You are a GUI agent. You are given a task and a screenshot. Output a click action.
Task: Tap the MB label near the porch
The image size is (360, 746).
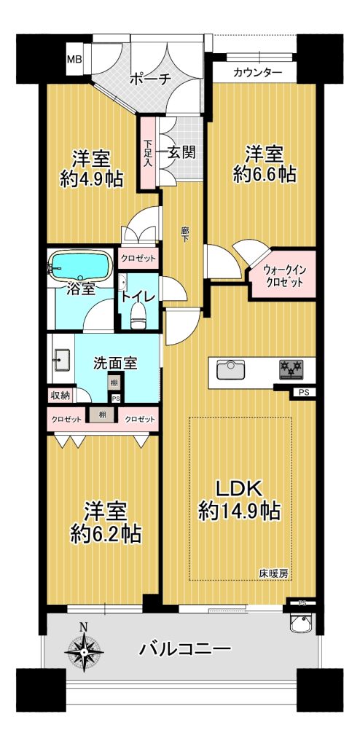point(74,60)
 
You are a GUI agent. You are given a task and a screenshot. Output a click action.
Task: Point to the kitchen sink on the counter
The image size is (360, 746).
point(231,369)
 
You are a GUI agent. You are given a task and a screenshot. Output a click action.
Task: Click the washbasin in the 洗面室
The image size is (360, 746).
point(61,359)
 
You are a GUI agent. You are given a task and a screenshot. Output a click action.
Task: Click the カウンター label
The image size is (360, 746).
point(258,73)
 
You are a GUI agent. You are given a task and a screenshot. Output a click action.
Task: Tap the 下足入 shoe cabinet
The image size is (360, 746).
point(148,153)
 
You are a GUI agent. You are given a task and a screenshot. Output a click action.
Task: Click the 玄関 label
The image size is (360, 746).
point(181,152)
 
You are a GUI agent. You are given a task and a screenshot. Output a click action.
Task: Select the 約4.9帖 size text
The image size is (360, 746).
point(91,179)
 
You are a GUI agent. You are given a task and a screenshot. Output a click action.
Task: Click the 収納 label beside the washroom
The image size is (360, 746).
point(60,394)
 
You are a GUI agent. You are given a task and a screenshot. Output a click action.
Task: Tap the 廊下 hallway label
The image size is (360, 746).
point(184,234)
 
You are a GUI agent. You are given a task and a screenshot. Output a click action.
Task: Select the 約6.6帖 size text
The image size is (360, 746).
point(265,174)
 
